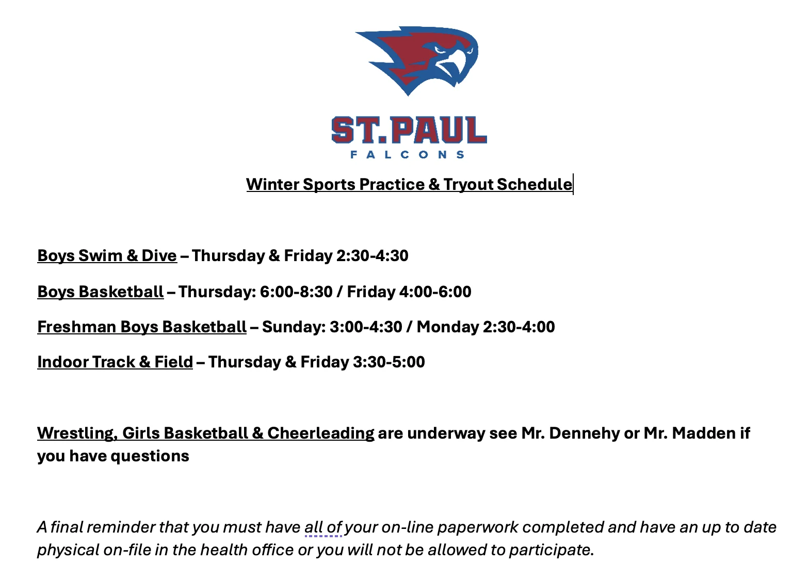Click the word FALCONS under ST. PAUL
coord(407,155)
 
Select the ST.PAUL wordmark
coord(409,130)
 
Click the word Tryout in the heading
coord(467,185)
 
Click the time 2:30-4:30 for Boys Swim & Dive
coord(373,256)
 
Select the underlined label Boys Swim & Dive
coord(107,256)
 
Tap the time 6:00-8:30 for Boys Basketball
coord(296,292)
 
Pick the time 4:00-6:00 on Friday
coord(435,292)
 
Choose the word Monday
coord(448,327)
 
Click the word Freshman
coord(77,327)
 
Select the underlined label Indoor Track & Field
coord(115,362)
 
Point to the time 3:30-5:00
coord(389,362)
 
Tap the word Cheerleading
coord(321,433)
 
